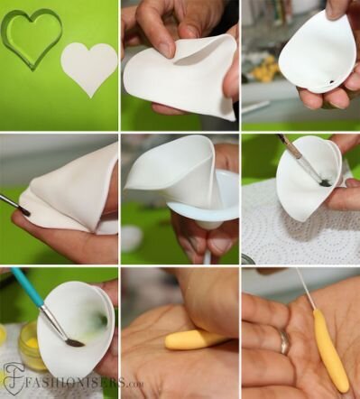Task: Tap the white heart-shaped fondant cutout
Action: coord(89,67)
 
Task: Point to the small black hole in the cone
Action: coord(331,81)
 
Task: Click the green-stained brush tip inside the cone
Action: coord(325,182)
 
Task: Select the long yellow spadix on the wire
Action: coord(330,350)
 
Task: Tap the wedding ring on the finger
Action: coord(284,342)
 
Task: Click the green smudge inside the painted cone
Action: coord(101,319)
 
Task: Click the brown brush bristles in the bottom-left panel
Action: coord(75,342)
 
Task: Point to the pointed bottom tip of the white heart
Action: coord(90,97)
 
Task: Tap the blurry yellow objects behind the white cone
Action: coord(264,70)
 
